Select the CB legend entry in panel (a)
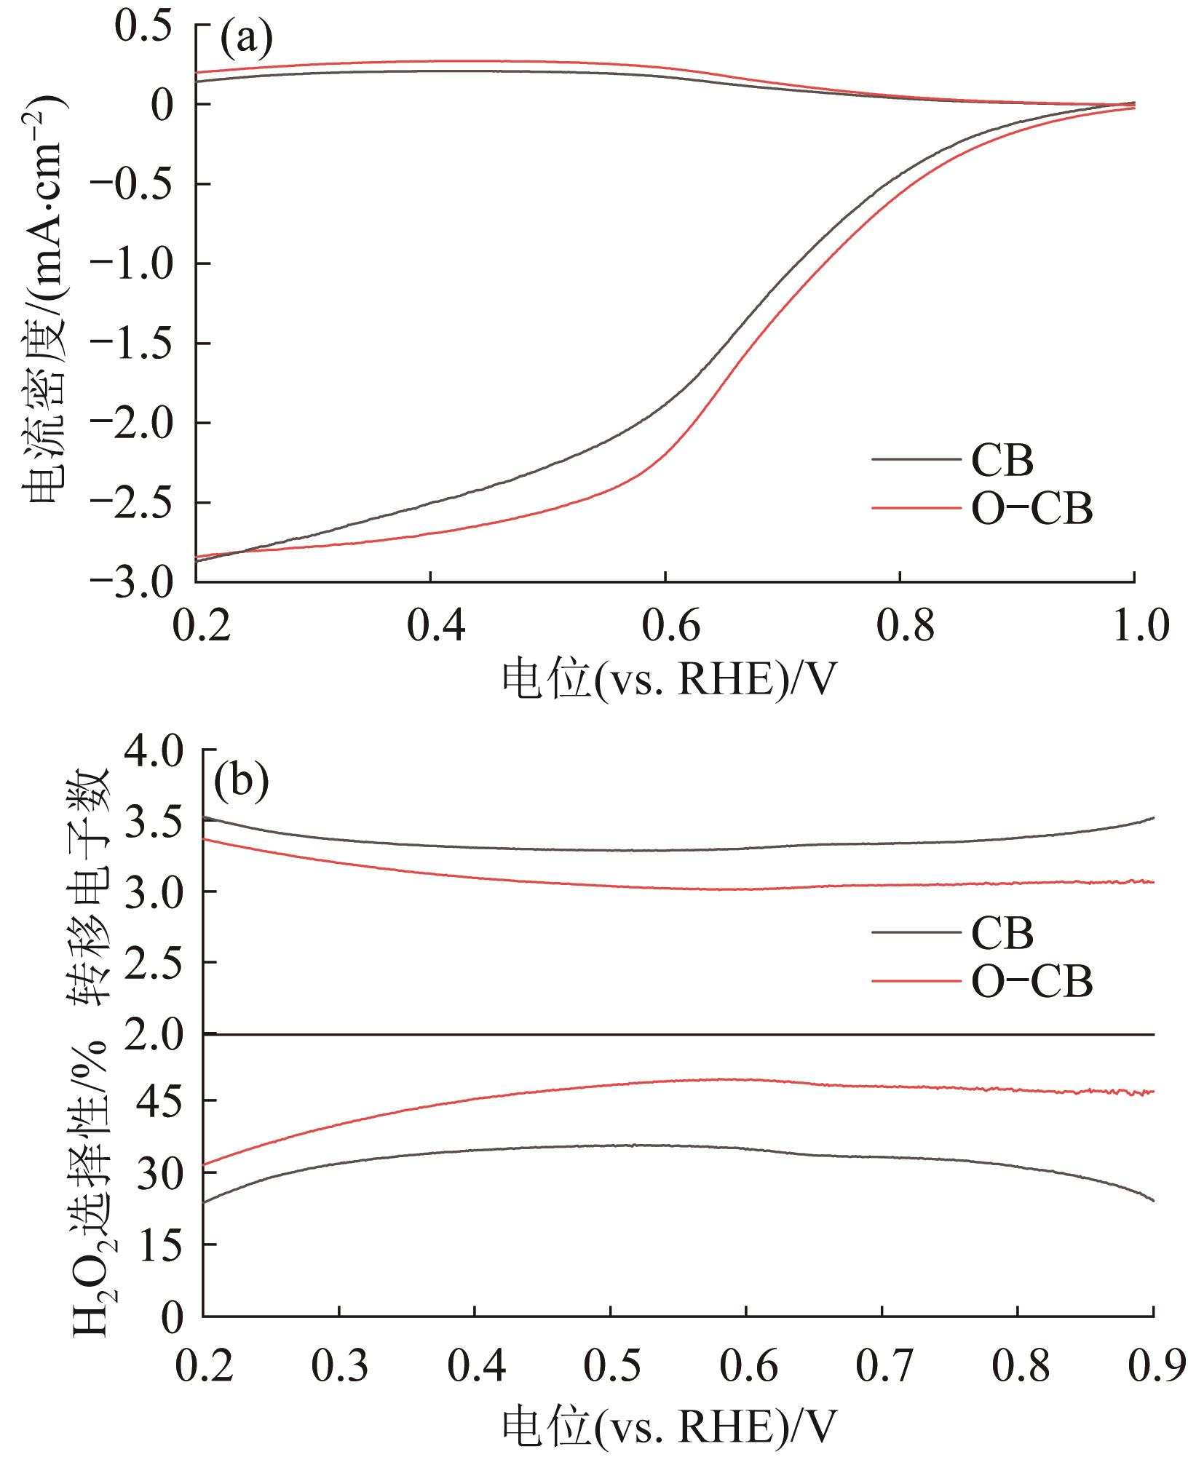point(1002,460)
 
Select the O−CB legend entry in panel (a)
point(1031,509)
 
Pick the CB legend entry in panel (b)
point(1002,933)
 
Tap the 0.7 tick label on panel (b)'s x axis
point(881,1368)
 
